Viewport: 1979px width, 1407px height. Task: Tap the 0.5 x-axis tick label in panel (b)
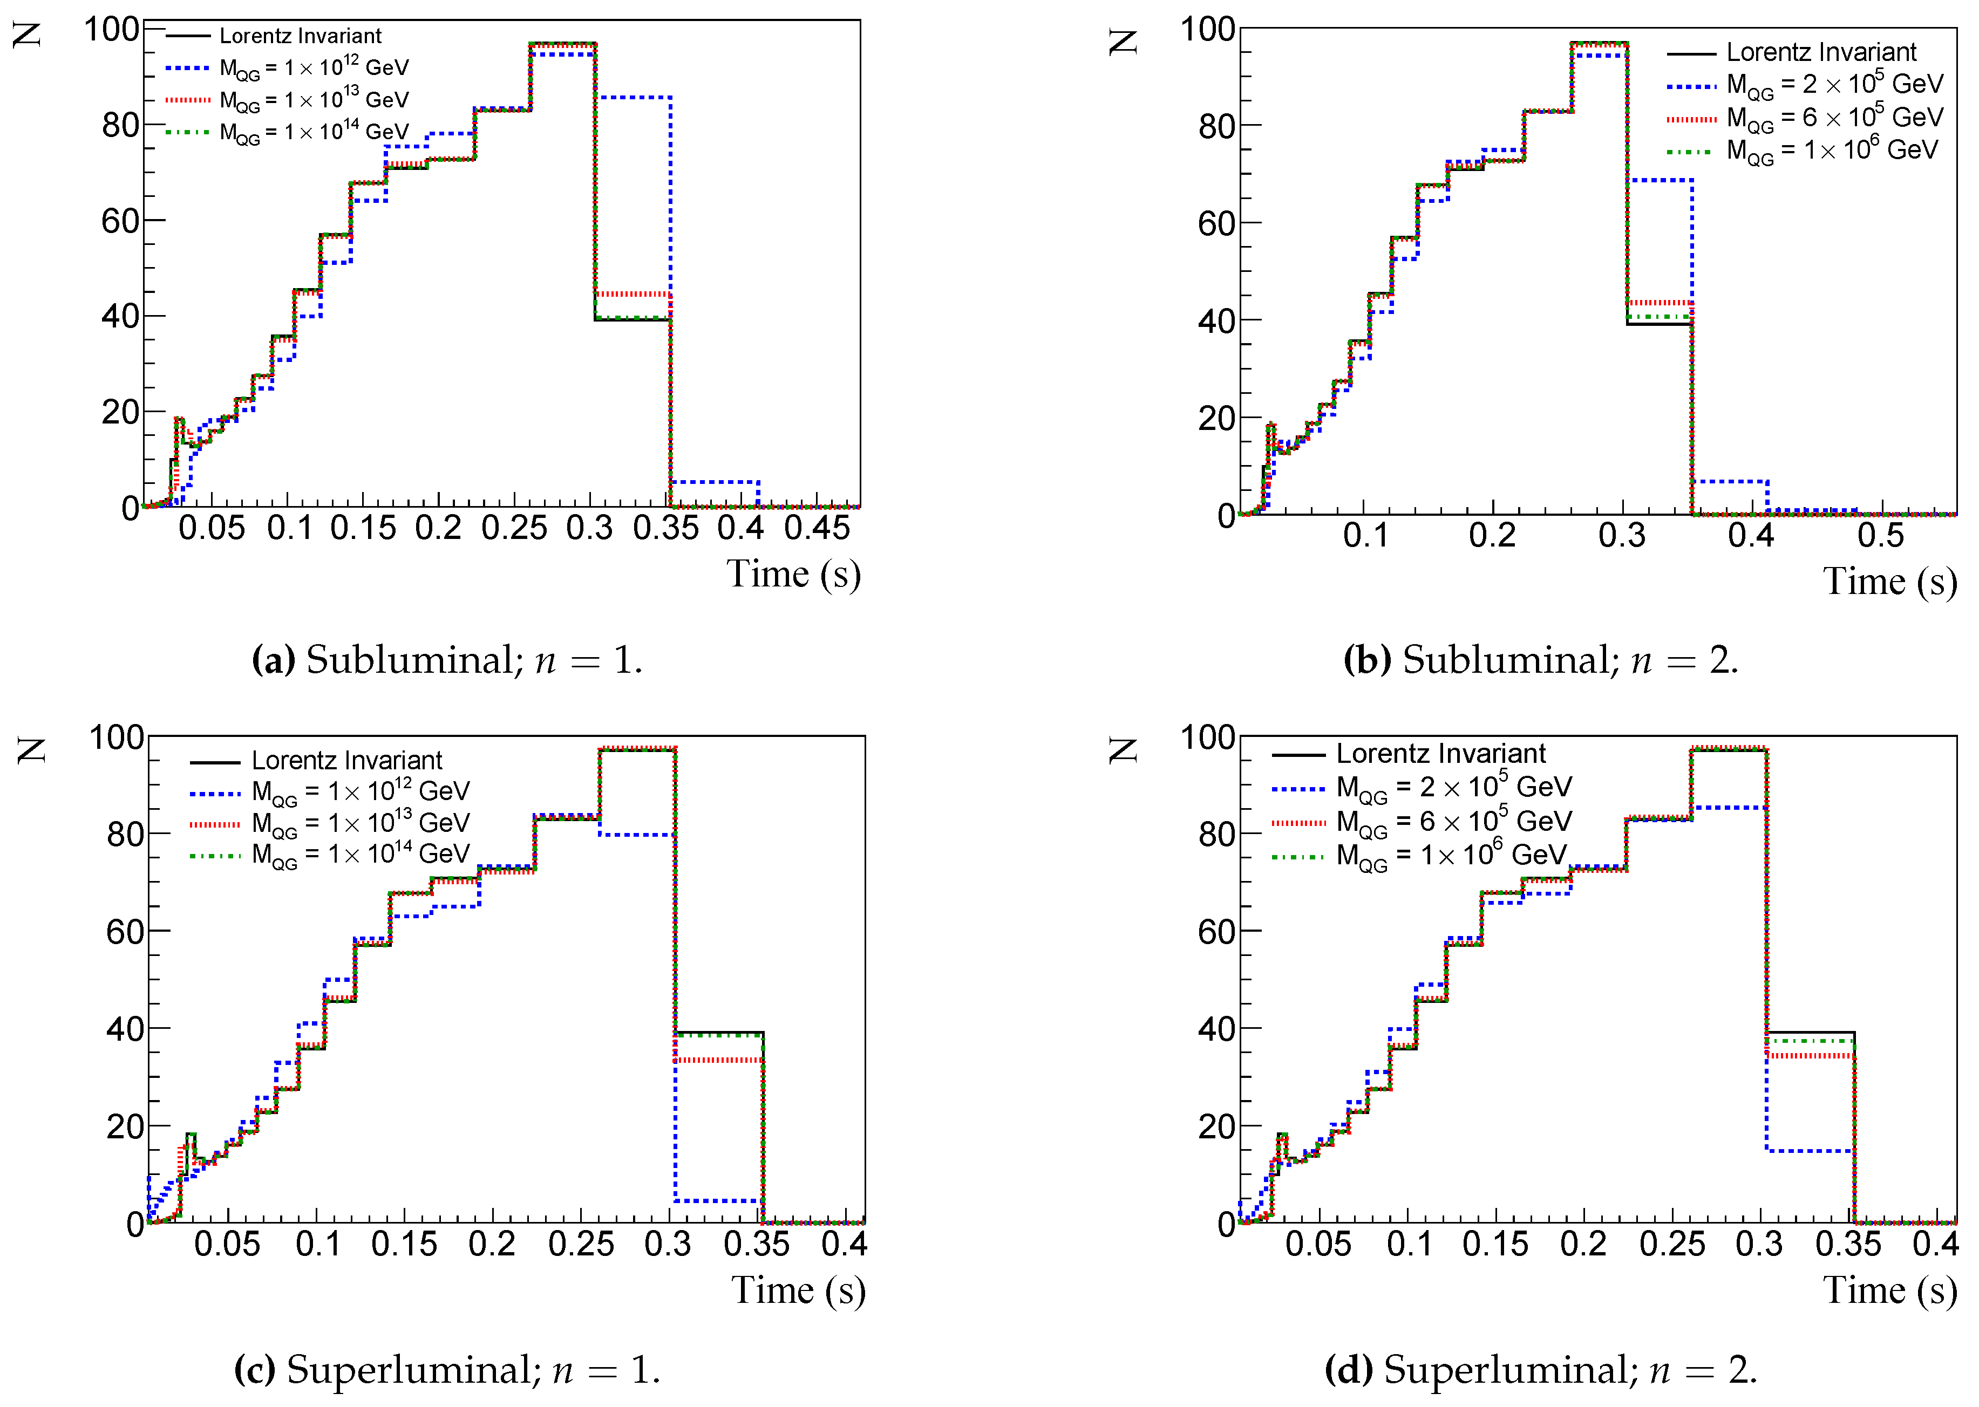tap(1880, 535)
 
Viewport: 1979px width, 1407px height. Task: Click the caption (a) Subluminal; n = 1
tap(447, 660)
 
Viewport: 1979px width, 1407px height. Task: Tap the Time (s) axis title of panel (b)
tap(1889, 582)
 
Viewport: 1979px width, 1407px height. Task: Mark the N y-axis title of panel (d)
tap(1123, 750)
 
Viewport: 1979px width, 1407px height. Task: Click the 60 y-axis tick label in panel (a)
tap(120, 221)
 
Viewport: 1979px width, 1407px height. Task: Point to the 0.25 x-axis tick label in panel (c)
tap(581, 1244)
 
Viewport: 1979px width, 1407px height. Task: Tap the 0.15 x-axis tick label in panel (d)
tap(1495, 1244)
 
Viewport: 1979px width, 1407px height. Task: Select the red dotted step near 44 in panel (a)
tap(633, 295)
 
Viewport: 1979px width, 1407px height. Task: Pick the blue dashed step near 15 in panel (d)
tap(1809, 1151)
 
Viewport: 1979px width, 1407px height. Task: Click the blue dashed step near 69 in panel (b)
tap(1660, 180)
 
